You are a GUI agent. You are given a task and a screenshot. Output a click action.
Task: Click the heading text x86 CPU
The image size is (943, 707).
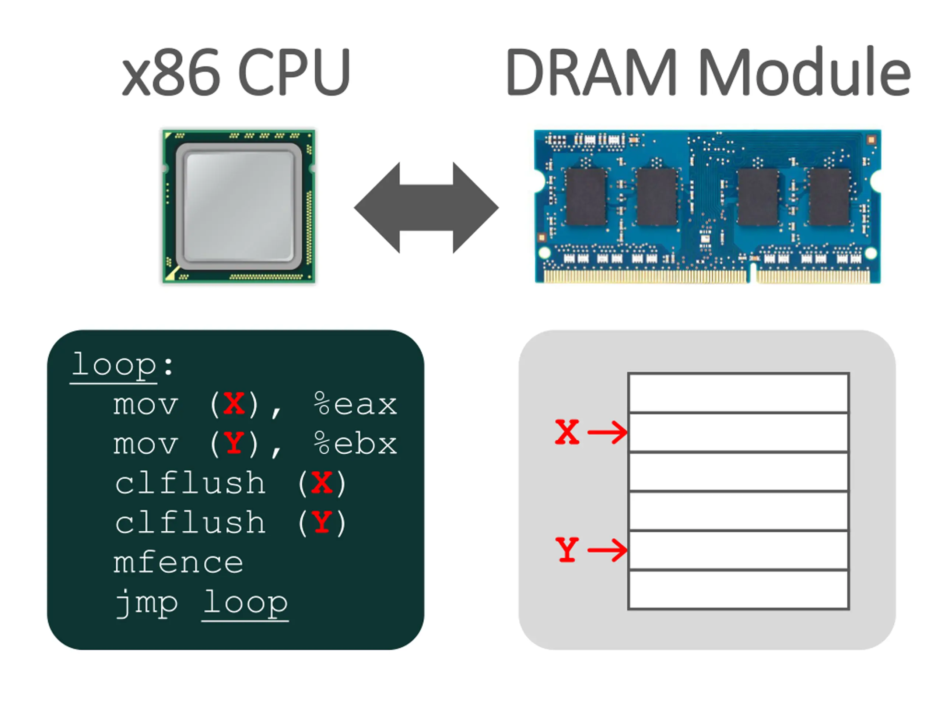coord(236,73)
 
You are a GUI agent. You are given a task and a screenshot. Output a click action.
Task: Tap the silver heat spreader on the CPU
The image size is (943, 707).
coord(239,206)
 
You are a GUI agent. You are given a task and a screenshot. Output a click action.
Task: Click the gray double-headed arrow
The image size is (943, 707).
coord(426,208)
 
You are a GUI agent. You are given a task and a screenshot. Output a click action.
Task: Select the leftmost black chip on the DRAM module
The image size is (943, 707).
coord(586,197)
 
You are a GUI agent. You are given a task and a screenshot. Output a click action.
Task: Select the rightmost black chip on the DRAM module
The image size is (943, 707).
coord(829,197)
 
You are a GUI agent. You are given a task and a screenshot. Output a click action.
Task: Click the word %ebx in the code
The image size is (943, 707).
coord(355,444)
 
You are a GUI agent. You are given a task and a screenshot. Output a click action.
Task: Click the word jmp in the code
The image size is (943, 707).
coord(146,604)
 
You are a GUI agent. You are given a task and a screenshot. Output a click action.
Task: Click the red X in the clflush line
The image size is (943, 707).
coord(322,483)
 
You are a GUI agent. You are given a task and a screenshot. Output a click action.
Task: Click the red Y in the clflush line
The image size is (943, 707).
coord(322,523)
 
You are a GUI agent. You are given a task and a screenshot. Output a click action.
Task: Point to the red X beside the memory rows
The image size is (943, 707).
coord(567,432)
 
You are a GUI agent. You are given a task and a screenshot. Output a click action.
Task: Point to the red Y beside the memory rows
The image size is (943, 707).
coord(567,550)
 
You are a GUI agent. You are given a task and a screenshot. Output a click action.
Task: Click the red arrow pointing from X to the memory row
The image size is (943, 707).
coord(607,432)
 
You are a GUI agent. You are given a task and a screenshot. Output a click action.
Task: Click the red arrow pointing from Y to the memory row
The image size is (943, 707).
coord(607,550)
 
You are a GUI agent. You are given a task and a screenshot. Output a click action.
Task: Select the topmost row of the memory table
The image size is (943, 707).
coord(738,393)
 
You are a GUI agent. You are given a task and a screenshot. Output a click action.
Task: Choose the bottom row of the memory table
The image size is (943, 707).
coord(738,590)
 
